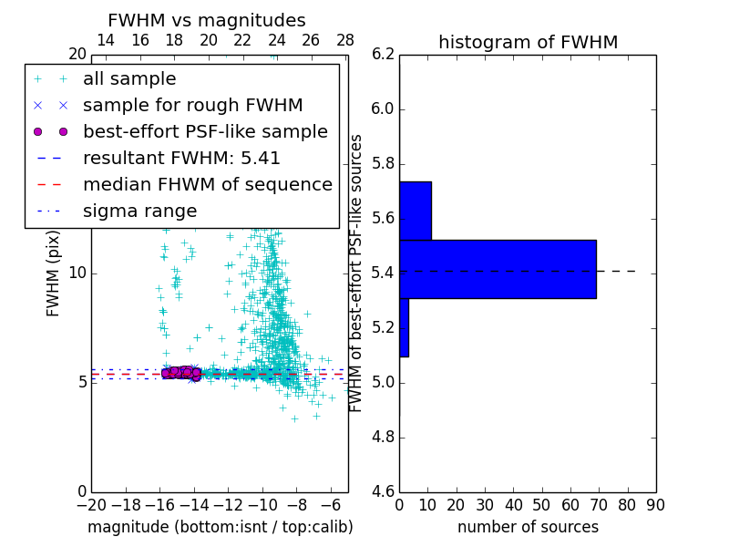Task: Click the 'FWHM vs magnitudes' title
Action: [206, 20]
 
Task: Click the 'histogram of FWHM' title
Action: [528, 42]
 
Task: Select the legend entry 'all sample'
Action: [129, 79]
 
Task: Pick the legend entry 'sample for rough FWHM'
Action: [192, 106]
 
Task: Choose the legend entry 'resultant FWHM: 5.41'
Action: [181, 159]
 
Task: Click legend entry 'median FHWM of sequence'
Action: [207, 185]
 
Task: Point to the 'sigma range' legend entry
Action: [139, 212]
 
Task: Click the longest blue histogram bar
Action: [498, 269]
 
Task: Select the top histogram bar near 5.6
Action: [415, 211]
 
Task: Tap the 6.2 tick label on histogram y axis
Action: [383, 55]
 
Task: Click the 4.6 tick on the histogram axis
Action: [383, 492]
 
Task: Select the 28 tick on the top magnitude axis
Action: [345, 40]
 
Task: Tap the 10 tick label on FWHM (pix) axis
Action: [76, 273]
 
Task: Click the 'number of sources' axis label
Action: [528, 527]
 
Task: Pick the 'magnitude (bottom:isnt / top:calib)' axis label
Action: [220, 527]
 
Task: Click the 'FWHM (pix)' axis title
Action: [54, 273]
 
